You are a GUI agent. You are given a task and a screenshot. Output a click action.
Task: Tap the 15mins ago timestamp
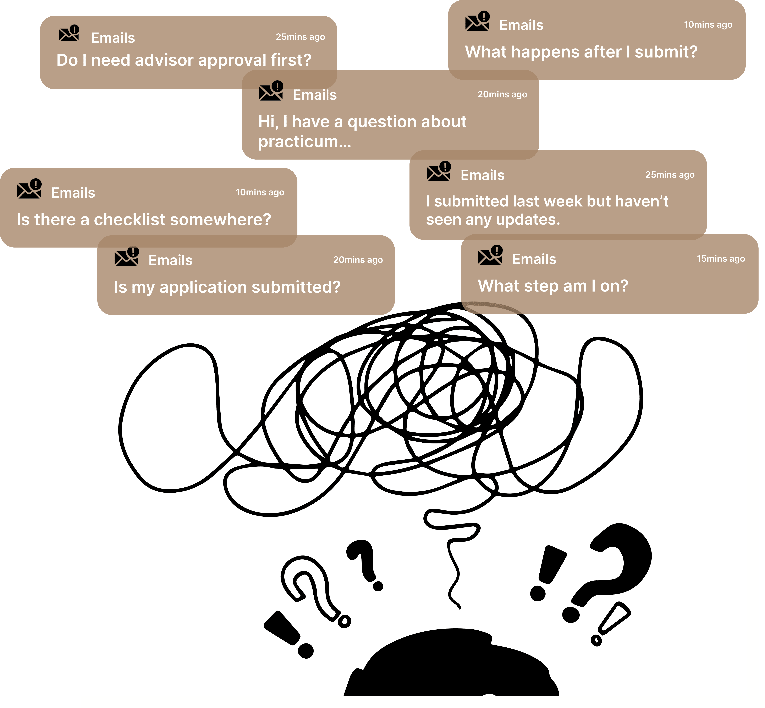coord(721,259)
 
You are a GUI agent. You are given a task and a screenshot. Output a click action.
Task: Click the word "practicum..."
coord(304,142)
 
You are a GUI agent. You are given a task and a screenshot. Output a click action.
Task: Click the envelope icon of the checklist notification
coord(29,189)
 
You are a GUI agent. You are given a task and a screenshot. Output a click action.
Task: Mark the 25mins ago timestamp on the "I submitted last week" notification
coord(670,175)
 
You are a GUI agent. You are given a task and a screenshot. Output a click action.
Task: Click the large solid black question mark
coord(617,559)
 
